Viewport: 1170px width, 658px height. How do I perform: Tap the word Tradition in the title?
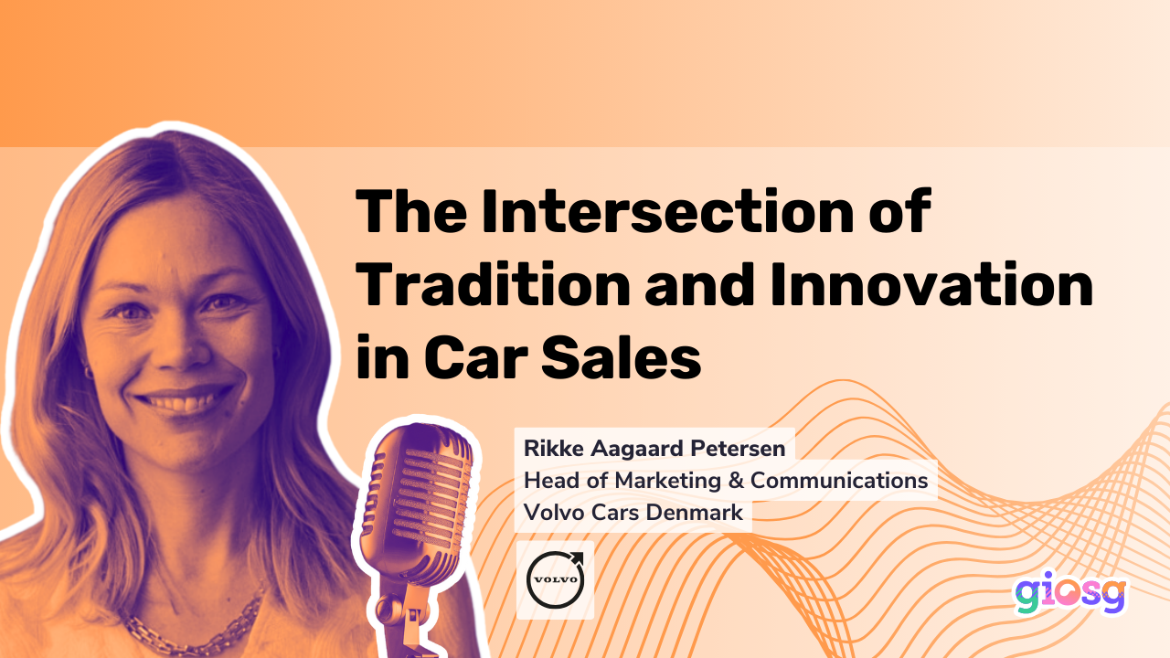[493, 286]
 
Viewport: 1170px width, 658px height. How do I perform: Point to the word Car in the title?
[477, 359]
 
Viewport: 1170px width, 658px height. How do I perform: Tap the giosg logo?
[1069, 595]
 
